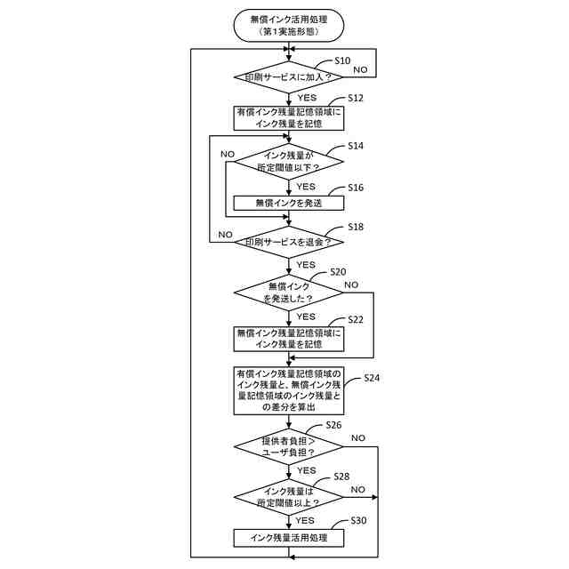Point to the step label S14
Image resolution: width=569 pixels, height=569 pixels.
[356, 145]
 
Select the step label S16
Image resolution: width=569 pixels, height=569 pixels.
[356, 188]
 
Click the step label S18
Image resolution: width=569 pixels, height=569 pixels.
[356, 227]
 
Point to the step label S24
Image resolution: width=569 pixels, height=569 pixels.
[373, 378]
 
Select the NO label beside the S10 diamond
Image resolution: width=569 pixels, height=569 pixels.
[362, 68]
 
